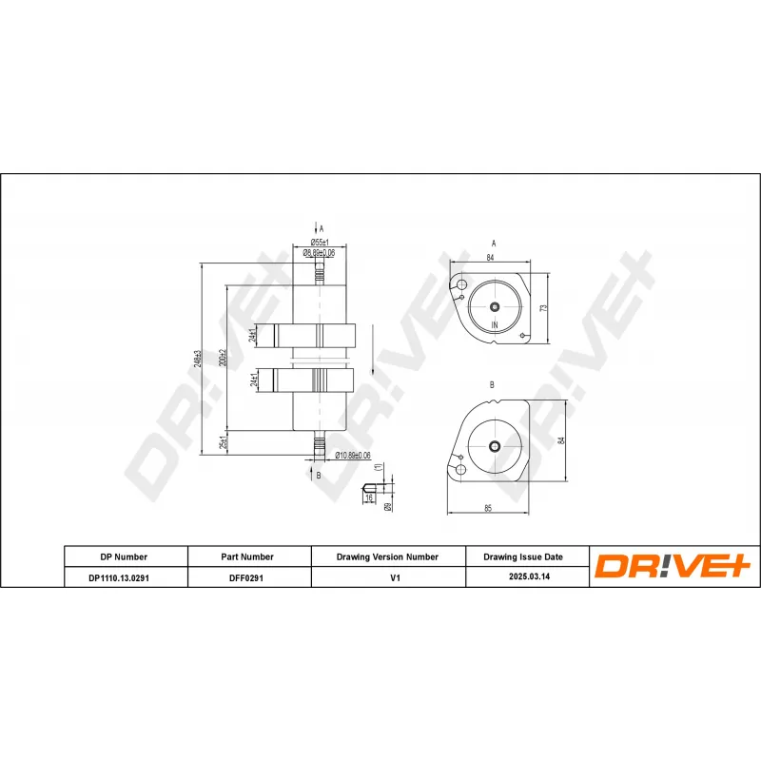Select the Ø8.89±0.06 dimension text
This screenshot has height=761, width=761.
coord(319,253)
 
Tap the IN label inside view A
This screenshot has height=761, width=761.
coord(495,325)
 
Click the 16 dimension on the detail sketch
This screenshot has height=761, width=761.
coord(369,498)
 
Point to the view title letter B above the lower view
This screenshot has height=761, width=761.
coord(492,384)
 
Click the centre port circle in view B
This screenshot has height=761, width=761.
coord(494,446)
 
